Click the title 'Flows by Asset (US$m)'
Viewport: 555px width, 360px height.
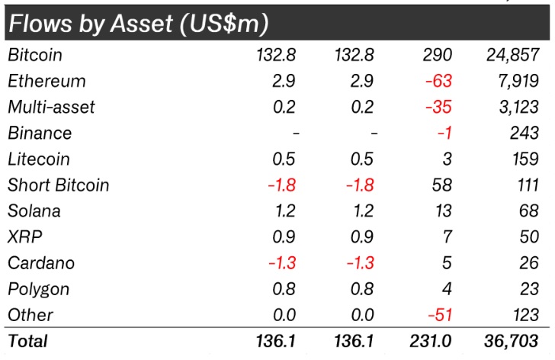pyautogui.click(x=138, y=24)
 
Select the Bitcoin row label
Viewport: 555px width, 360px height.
pyautogui.click(x=35, y=55)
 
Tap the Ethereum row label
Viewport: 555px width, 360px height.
pyautogui.click(x=47, y=81)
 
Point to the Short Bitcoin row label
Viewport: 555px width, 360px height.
pyautogui.click(x=59, y=185)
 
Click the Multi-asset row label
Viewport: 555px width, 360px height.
pyautogui.click(x=51, y=107)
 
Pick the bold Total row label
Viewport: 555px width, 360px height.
pyautogui.click(x=27, y=341)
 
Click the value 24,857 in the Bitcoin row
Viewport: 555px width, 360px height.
pyautogui.click(x=512, y=55)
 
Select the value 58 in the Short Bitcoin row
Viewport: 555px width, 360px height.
pyautogui.click(x=441, y=185)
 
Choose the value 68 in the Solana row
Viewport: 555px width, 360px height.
pyautogui.click(x=529, y=211)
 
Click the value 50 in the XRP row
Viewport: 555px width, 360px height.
pyautogui.click(x=529, y=237)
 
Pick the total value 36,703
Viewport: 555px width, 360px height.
pyautogui.click(x=511, y=341)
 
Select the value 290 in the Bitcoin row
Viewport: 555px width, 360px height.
pyautogui.click(x=437, y=55)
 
